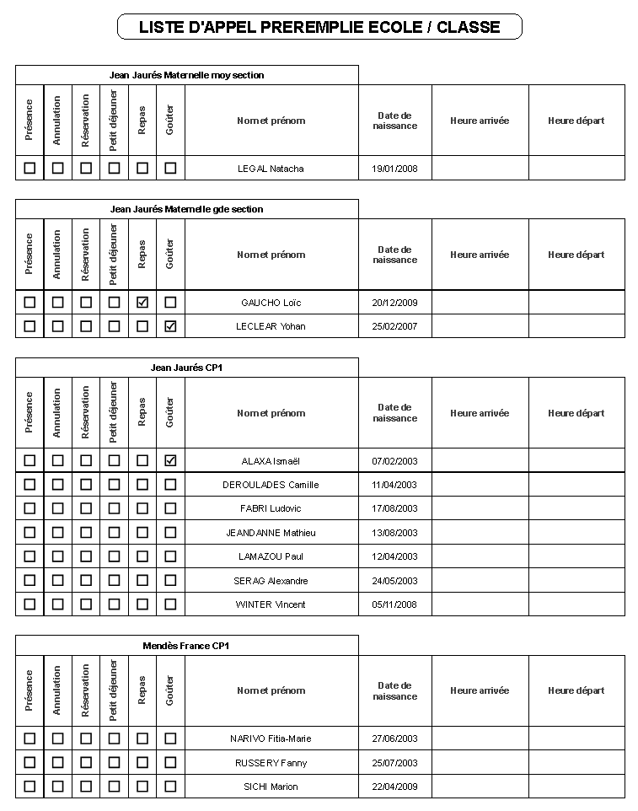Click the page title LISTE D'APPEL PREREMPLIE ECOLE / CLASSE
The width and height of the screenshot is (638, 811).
[x=319, y=27]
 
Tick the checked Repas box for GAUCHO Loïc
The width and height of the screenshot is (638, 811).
[x=142, y=302]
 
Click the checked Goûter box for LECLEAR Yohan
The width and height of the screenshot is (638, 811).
[x=170, y=326]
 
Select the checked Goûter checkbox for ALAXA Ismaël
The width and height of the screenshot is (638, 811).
[x=170, y=460]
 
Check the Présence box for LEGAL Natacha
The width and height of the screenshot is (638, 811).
[x=29, y=168]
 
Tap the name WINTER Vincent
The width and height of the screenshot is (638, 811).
[x=271, y=604]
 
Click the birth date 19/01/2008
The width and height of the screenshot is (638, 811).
[x=394, y=169]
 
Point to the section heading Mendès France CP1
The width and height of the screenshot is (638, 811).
[x=186, y=646]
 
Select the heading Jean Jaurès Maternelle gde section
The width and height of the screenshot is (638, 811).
[x=186, y=209]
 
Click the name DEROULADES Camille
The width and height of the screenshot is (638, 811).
[x=271, y=485]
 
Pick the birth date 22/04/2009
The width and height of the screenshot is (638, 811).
[x=394, y=787]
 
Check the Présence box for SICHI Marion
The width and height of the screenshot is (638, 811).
[x=29, y=786]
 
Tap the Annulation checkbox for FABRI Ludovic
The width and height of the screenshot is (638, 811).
[x=57, y=508]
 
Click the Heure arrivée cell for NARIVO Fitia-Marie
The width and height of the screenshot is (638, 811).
[x=480, y=738]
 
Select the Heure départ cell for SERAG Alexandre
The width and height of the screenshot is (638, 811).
[x=576, y=581]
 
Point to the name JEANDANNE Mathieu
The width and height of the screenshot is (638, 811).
[x=271, y=533]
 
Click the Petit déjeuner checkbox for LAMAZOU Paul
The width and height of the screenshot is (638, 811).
[x=114, y=556]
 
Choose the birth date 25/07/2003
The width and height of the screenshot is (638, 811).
[x=394, y=763]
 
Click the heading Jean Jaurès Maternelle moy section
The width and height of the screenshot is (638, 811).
[x=186, y=75]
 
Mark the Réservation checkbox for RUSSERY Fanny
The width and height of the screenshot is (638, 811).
[x=86, y=762]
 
